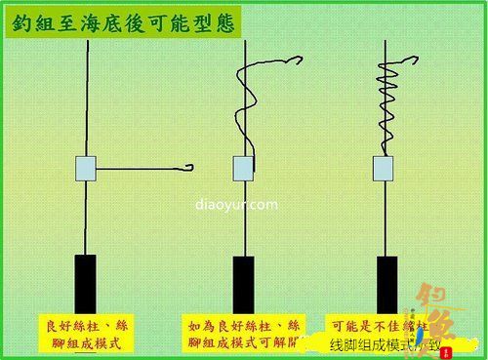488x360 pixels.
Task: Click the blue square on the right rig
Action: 384,169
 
